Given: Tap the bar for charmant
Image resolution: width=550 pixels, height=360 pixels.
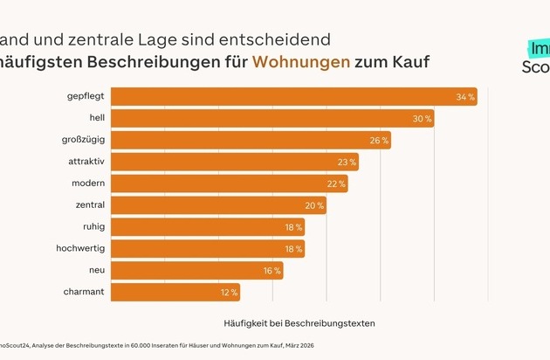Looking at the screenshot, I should point(175,292).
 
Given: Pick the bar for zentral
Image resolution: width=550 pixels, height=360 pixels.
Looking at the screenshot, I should point(219,205).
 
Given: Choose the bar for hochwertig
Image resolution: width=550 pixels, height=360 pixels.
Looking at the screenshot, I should point(209,249).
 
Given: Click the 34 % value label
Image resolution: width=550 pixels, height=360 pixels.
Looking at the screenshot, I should point(464,96).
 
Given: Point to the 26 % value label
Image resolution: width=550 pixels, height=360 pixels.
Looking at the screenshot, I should point(378,140).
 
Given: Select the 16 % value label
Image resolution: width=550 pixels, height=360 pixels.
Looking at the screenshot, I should point(271,271).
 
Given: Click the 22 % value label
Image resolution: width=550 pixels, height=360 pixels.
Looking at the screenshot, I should point(335,183).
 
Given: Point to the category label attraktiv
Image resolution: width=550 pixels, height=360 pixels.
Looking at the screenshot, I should point(86,162).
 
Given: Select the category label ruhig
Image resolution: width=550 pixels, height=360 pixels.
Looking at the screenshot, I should point(93,227).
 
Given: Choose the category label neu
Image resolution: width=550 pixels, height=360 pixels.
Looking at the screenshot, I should point(97,271).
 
